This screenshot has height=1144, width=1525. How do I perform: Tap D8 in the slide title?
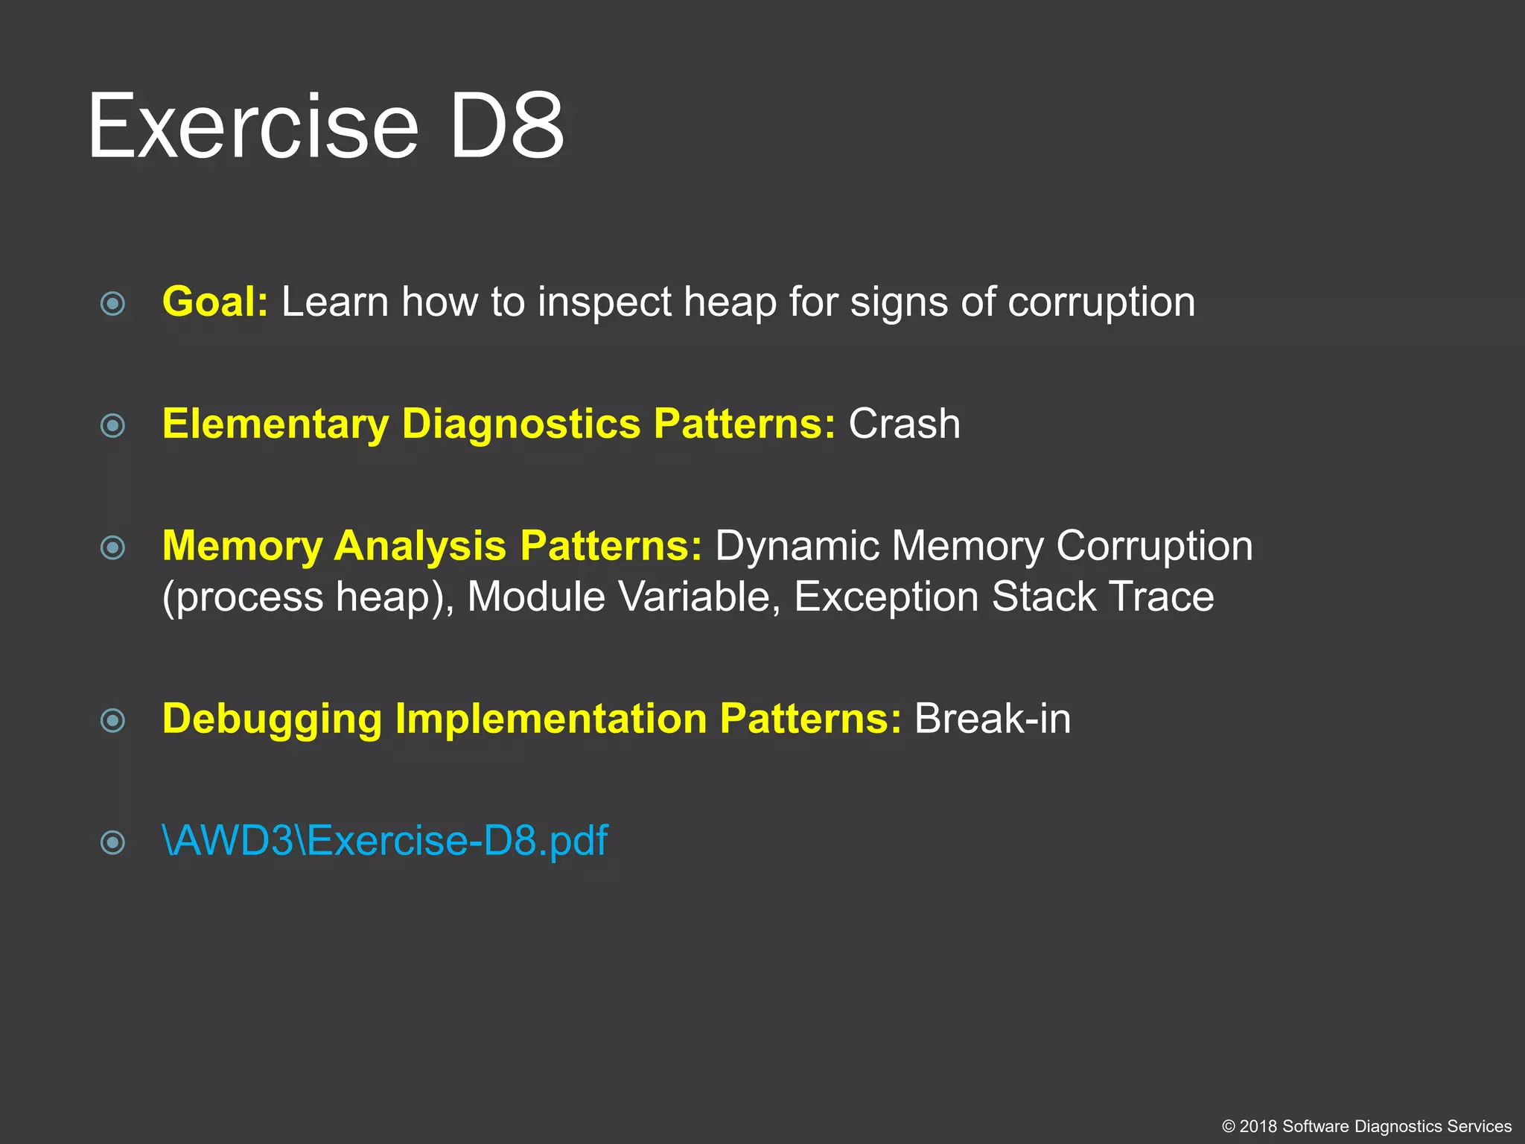pos(506,127)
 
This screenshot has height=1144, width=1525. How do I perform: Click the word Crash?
pos(904,425)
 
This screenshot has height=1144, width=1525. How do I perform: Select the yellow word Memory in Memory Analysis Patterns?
pos(242,547)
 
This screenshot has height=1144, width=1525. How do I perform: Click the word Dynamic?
pos(797,547)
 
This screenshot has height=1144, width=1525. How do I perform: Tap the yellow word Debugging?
pos(272,719)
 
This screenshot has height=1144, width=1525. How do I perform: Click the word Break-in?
pos(993,719)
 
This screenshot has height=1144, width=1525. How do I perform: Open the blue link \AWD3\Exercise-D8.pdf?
pos(385,842)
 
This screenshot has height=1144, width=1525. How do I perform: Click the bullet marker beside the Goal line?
pos(112,304)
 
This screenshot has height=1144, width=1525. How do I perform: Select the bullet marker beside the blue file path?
pos(112,843)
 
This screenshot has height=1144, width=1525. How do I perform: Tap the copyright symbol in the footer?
pos(1229,1127)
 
